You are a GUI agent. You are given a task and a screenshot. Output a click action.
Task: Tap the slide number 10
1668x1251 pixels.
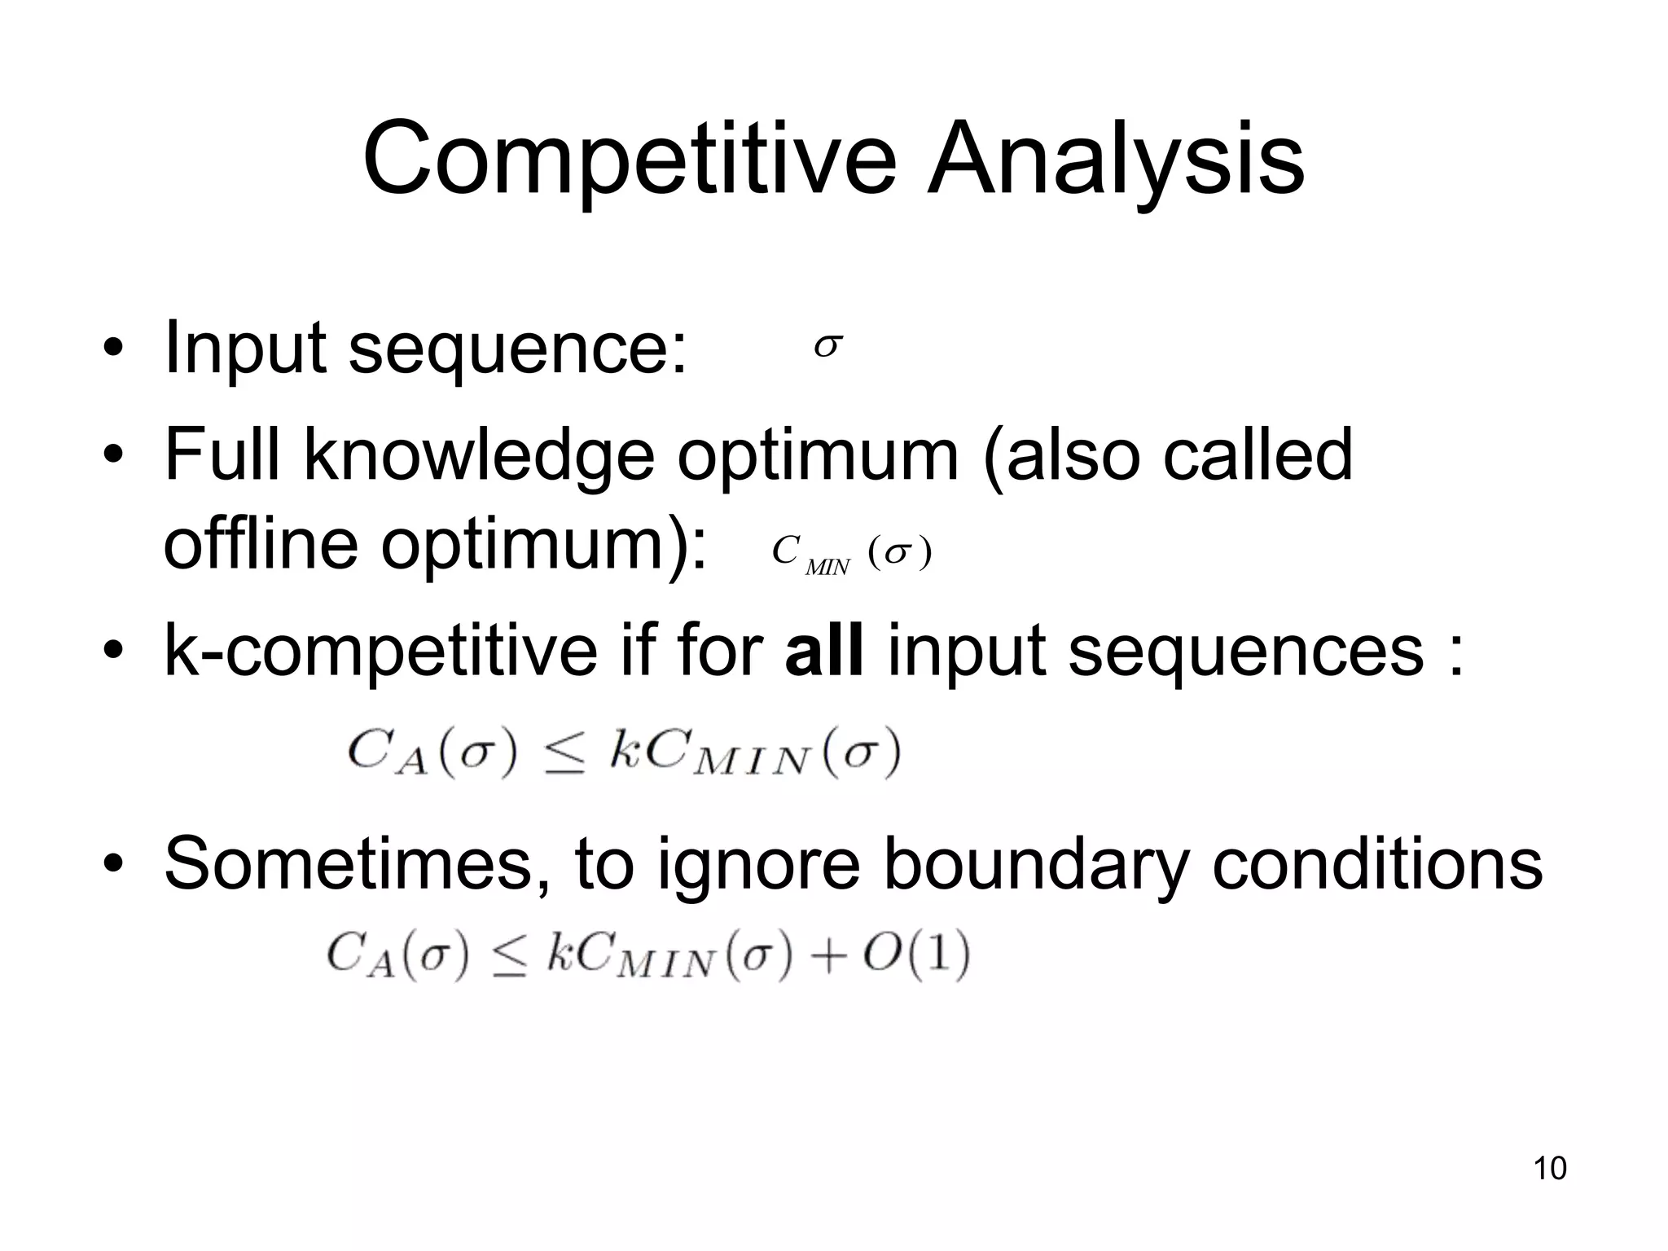1549,1168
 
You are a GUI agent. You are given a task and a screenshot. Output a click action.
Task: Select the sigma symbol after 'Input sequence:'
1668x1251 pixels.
827,347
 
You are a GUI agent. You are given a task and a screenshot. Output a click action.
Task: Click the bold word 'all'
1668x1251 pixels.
823,651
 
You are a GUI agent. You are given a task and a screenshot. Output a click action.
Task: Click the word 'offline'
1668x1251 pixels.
261,543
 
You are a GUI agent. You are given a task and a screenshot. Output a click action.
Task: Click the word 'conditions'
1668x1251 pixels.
1376,864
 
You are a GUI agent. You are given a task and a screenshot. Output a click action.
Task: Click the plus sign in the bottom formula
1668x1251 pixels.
829,956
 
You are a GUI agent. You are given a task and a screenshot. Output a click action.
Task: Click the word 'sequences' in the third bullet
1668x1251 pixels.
1245,652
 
